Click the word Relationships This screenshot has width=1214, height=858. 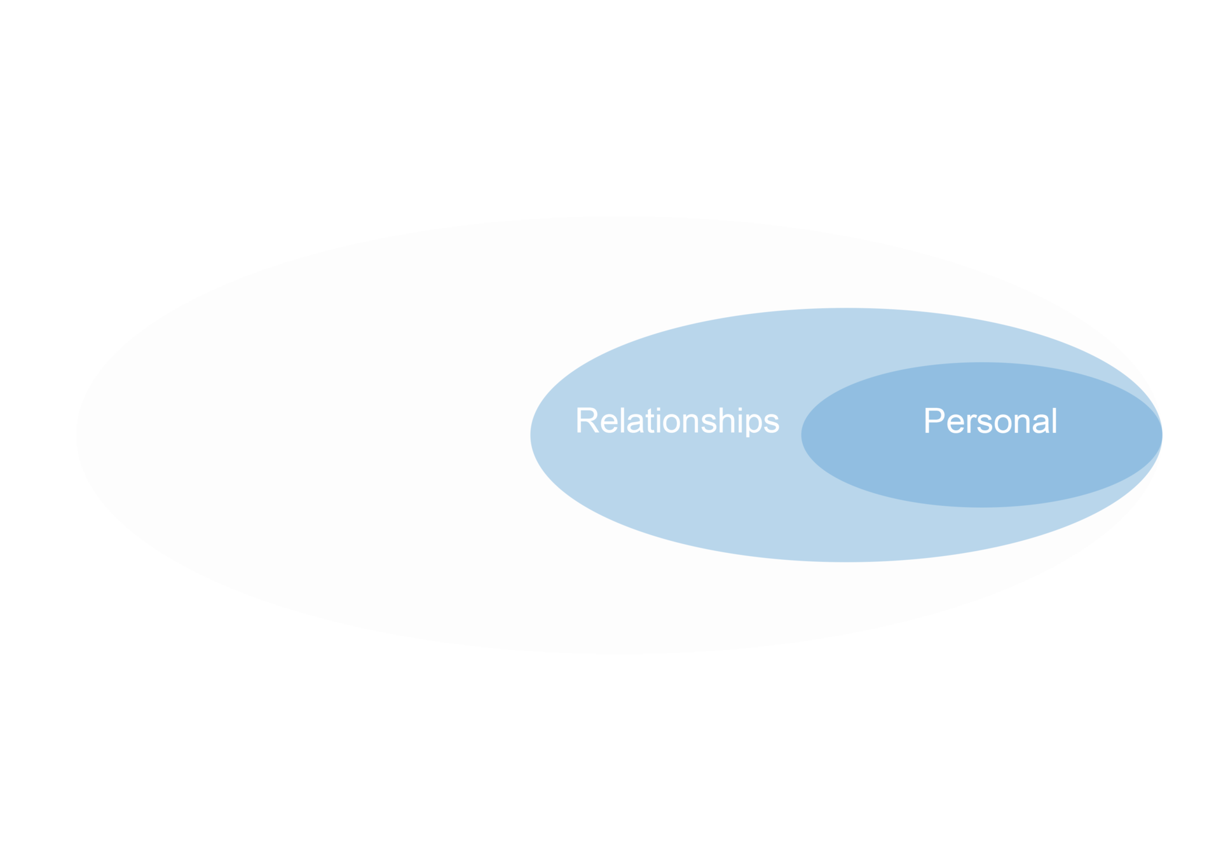coord(677,421)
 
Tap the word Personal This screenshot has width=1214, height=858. coord(990,421)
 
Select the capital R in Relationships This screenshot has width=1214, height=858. coord(587,421)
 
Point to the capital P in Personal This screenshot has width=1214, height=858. coord(934,421)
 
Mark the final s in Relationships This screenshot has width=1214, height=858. coord(772,424)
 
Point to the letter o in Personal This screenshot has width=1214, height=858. coord(996,424)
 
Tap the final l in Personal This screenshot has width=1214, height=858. coord(1054,421)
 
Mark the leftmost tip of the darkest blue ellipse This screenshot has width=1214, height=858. coord(801,435)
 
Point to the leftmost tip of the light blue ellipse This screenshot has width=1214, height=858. coord(531,435)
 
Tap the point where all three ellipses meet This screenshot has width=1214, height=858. coord(1162,435)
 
